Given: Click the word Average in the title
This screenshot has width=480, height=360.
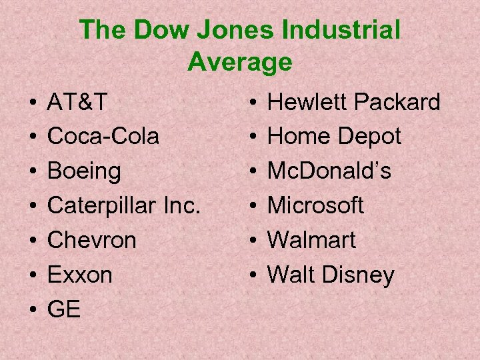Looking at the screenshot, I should click(x=240, y=62).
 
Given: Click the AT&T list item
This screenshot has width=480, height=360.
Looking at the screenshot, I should click(x=77, y=102).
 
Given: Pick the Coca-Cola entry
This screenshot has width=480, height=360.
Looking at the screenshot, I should click(x=103, y=137).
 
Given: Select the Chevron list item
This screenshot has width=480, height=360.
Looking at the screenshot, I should click(x=91, y=240).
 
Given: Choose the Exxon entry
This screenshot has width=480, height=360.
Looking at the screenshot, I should click(x=79, y=275).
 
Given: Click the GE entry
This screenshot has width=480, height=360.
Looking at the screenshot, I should click(x=63, y=309).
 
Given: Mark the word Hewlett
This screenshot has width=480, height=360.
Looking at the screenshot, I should click(x=307, y=102).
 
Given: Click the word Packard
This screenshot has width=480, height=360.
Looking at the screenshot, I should click(x=397, y=102).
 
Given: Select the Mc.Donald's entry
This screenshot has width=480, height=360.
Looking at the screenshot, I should click(x=329, y=171).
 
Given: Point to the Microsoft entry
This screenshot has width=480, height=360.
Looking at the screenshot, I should click(x=315, y=206).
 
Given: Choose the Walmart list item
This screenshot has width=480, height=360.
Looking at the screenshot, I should click(x=311, y=240).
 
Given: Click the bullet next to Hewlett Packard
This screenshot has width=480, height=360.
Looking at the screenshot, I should click(x=253, y=103).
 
